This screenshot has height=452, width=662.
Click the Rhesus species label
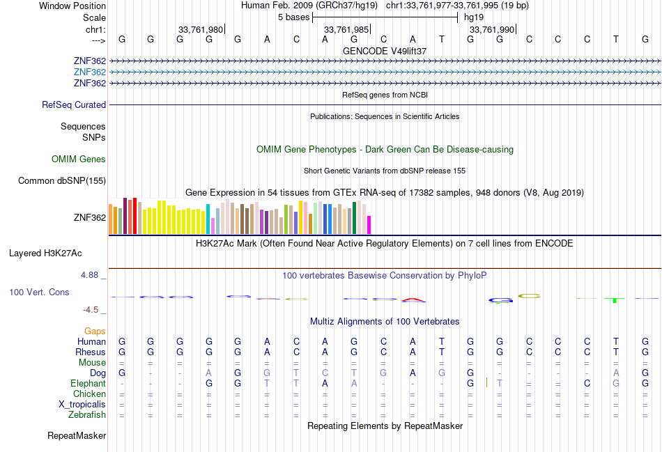(91, 352)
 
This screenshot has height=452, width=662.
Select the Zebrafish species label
(88, 415)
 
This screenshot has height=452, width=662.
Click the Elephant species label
(88, 384)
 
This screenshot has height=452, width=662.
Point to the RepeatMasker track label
(77, 436)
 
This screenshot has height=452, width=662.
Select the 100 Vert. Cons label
(39, 293)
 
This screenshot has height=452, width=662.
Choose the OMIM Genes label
(79, 159)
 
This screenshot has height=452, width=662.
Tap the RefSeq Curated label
(74, 105)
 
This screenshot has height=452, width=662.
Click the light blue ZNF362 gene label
(89, 72)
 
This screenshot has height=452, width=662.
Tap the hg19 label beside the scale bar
(474, 17)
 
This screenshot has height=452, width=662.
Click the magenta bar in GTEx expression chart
(369, 224)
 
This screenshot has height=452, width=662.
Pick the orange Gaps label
(95, 332)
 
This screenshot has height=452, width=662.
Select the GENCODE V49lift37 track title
(385, 51)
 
